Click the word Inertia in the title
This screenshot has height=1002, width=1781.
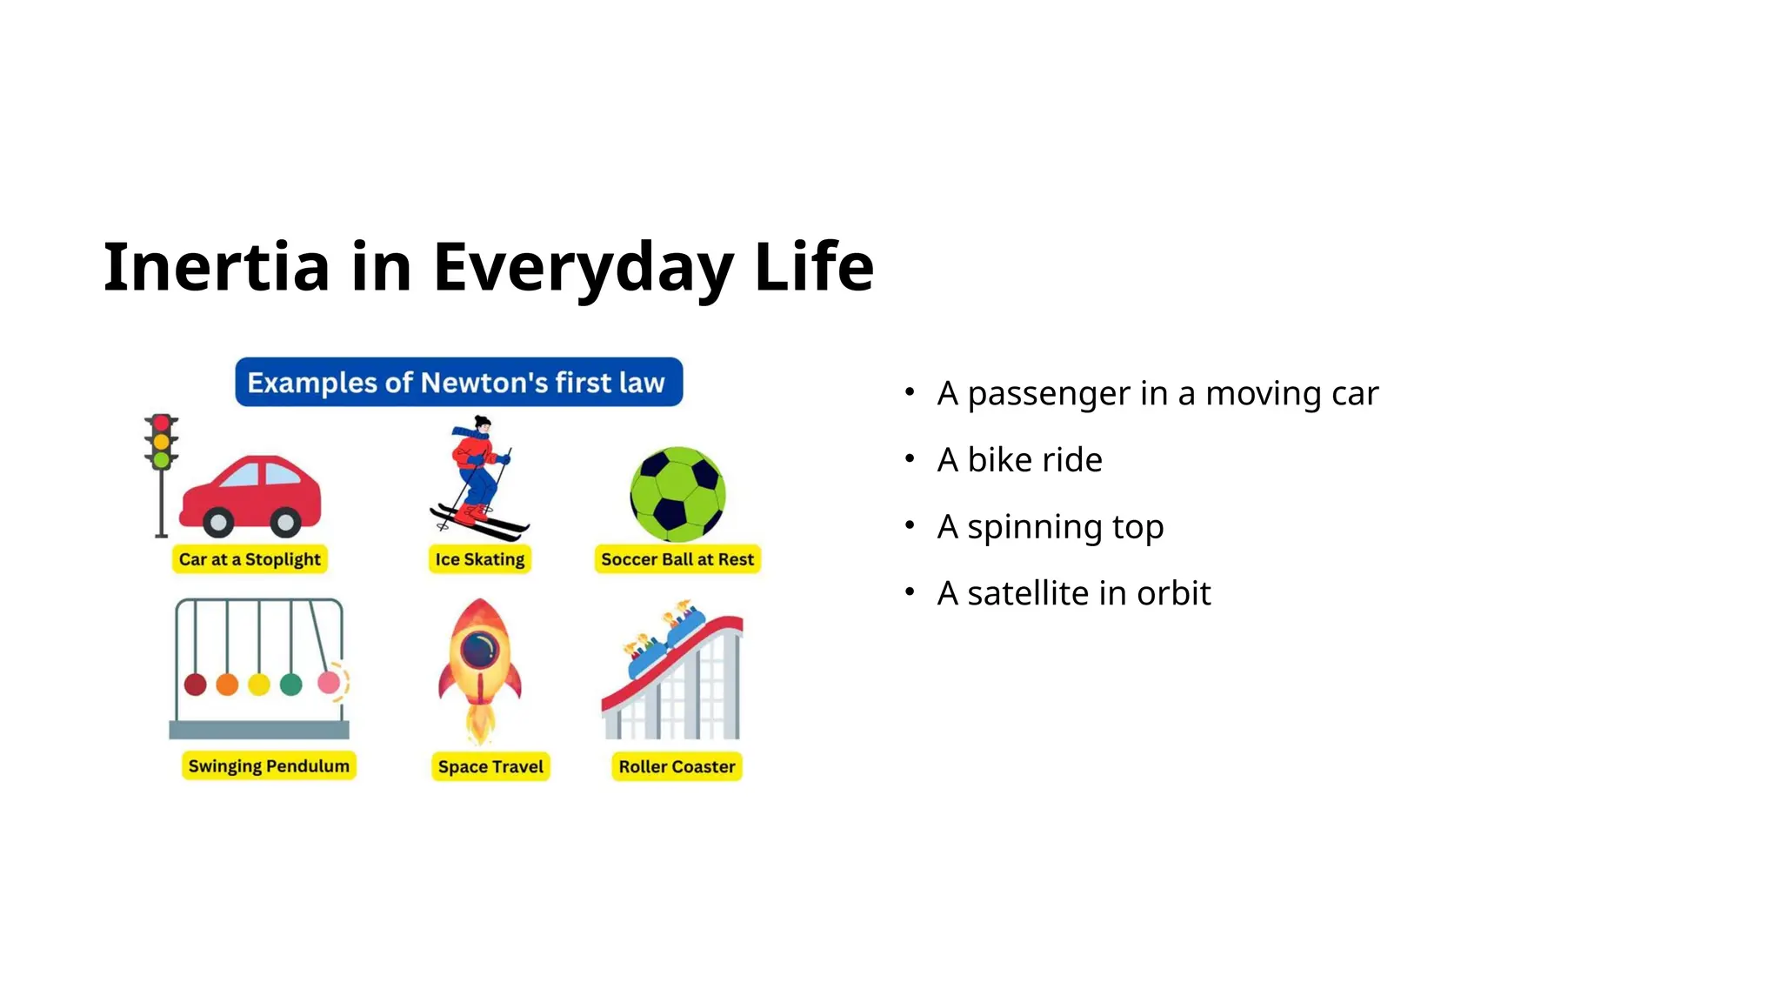pos(216,267)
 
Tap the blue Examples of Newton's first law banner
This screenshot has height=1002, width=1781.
pos(458,383)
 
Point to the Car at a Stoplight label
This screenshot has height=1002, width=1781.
pos(250,559)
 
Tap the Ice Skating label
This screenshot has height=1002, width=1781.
pos(480,559)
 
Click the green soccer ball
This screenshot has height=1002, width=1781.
pos(677,494)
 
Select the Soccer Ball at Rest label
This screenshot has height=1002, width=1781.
pos(677,559)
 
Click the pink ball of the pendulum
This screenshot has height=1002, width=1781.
pos(329,683)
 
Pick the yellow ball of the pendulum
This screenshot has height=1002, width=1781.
pos(259,685)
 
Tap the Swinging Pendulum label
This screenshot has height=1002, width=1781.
pos(269,766)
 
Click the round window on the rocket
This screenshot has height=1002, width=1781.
pos(480,649)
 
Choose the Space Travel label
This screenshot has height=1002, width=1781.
pos(490,767)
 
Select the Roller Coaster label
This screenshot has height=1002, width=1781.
pos(677,767)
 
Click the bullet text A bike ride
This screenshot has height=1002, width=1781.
pos(1019,460)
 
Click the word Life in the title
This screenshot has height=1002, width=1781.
pos(814,267)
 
